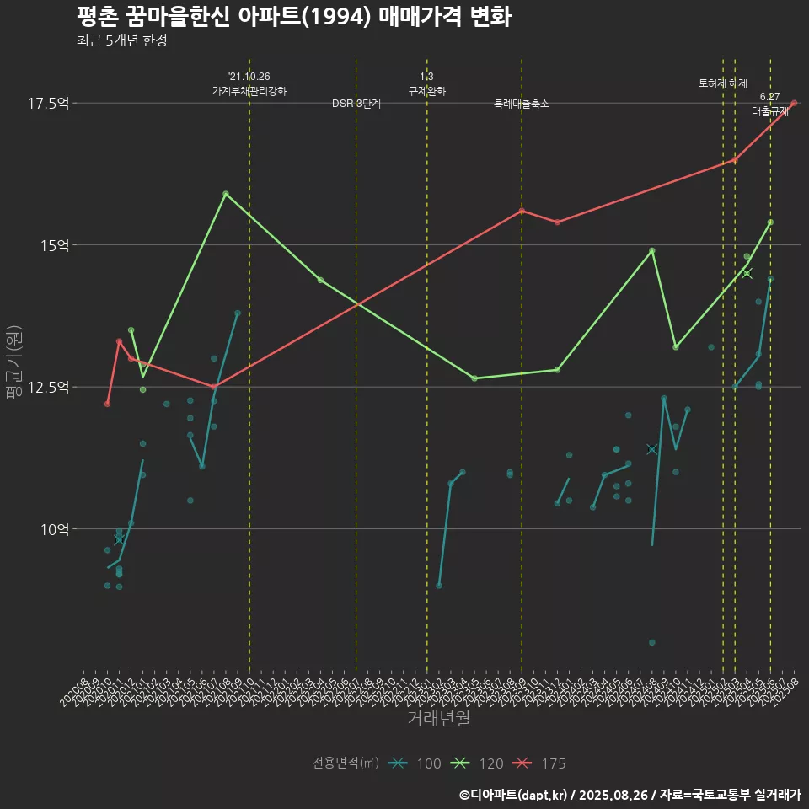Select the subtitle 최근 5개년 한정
(x=121, y=40)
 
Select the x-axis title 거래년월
(x=438, y=719)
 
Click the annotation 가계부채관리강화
(x=249, y=91)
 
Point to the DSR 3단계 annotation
(x=356, y=104)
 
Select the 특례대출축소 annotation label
(x=522, y=104)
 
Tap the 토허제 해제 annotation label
(x=723, y=83)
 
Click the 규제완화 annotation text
(x=426, y=91)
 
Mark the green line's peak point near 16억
(x=226, y=194)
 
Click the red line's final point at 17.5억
(x=794, y=103)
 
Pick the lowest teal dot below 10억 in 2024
(x=652, y=642)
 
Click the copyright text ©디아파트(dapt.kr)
(x=514, y=794)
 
